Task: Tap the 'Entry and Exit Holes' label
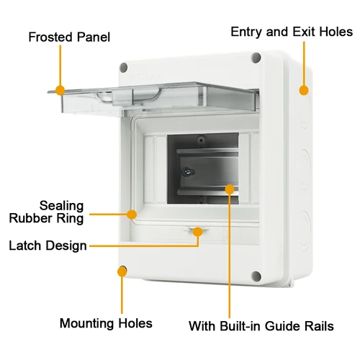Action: pyautogui.click(x=292, y=32)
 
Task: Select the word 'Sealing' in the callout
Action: pyautogui.click(x=60, y=206)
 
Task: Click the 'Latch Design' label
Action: pyautogui.click(x=48, y=246)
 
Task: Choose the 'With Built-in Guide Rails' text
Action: pyautogui.click(x=261, y=326)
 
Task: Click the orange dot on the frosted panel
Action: pyautogui.click(x=60, y=90)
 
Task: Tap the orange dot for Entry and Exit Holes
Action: pyautogui.click(x=304, y=91)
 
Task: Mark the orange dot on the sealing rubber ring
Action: pyautogui.click(x=132, y=214)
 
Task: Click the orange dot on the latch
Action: pyautogui.click(x=197, y=232)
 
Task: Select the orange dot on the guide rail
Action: pyautogui.click(x=230, y=189)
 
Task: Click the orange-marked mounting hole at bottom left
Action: pyautogui.click(x=122, y=271)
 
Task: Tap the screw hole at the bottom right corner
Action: pyautogui.click(x=256, y=276)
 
